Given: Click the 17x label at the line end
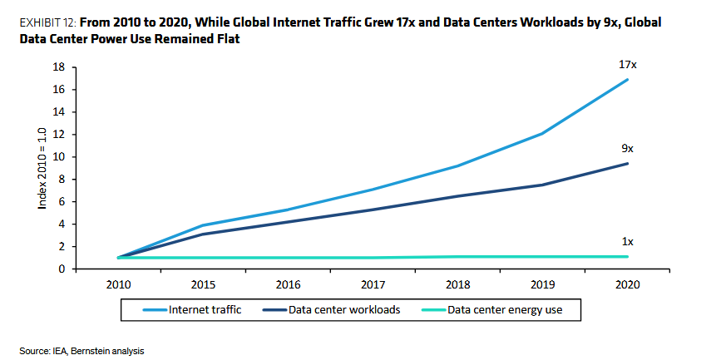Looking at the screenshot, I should point(627,65).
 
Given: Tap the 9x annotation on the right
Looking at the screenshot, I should point(627,148).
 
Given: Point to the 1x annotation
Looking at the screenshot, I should point(627,241).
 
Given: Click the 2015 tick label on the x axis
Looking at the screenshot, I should point(203,284).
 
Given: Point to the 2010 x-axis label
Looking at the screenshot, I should point(118,284).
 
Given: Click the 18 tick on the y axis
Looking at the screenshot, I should point(60,67).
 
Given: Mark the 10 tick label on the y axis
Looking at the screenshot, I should point(60,156).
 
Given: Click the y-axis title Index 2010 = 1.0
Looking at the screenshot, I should point(42,168).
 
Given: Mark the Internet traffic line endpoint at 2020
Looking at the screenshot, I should point(627,80).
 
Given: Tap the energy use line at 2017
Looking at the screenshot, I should point(373,258).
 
